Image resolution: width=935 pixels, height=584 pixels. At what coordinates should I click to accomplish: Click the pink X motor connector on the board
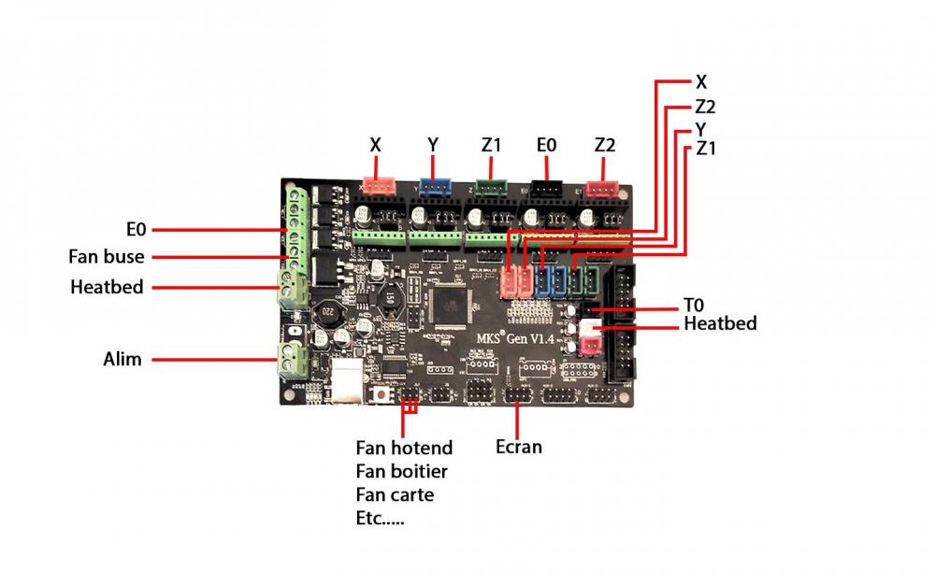pos(377,186)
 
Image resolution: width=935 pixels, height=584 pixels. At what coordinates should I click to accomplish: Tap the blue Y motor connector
pos(433,186)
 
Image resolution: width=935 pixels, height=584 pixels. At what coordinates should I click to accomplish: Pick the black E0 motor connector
pos(546,187)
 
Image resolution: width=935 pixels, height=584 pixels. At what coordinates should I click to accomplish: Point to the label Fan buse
pos(107,256)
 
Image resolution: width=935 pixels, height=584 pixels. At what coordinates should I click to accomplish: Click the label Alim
pos(122,358)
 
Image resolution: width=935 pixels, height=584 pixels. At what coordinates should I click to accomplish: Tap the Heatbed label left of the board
pos(107,287)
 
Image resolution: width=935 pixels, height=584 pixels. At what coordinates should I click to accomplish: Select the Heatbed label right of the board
pos(720,323)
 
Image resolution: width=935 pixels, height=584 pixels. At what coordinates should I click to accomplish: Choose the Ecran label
pos(519,447)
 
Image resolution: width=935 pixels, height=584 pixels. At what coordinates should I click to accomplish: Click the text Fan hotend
pos(404,448)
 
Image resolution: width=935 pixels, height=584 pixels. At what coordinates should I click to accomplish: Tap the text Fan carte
pos(395,494)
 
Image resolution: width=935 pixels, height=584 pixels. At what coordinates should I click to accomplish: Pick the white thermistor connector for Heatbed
pos(591,327)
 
